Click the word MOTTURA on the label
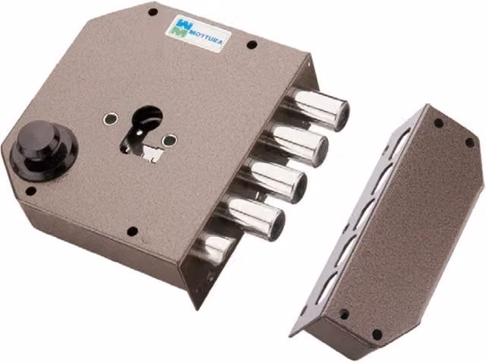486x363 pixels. tap(205, 36)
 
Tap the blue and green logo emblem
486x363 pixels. tap(180, 27)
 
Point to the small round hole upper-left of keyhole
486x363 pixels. tap(111, 118)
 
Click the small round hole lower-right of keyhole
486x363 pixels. tap(169, 140)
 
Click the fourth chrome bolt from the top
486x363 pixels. tap(253, 216)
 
